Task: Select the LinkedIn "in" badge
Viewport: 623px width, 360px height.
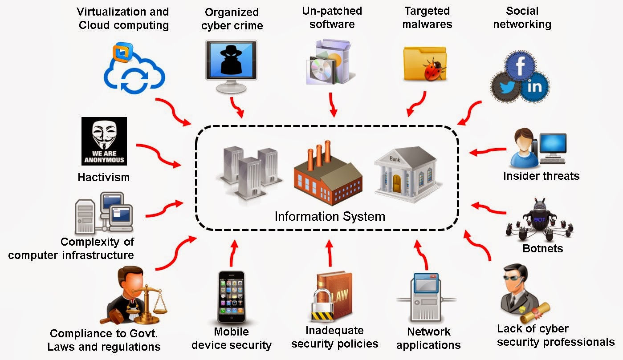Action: point(534,86)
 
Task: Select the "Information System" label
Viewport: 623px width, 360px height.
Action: point(330,217)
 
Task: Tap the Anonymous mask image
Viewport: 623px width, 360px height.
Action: point(104,141)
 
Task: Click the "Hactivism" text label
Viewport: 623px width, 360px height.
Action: point(103,177)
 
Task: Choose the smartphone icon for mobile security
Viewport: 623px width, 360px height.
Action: point(231,297)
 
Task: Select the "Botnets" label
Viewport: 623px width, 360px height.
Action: point(542,248)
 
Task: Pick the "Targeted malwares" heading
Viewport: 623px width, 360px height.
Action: point(427,17)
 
